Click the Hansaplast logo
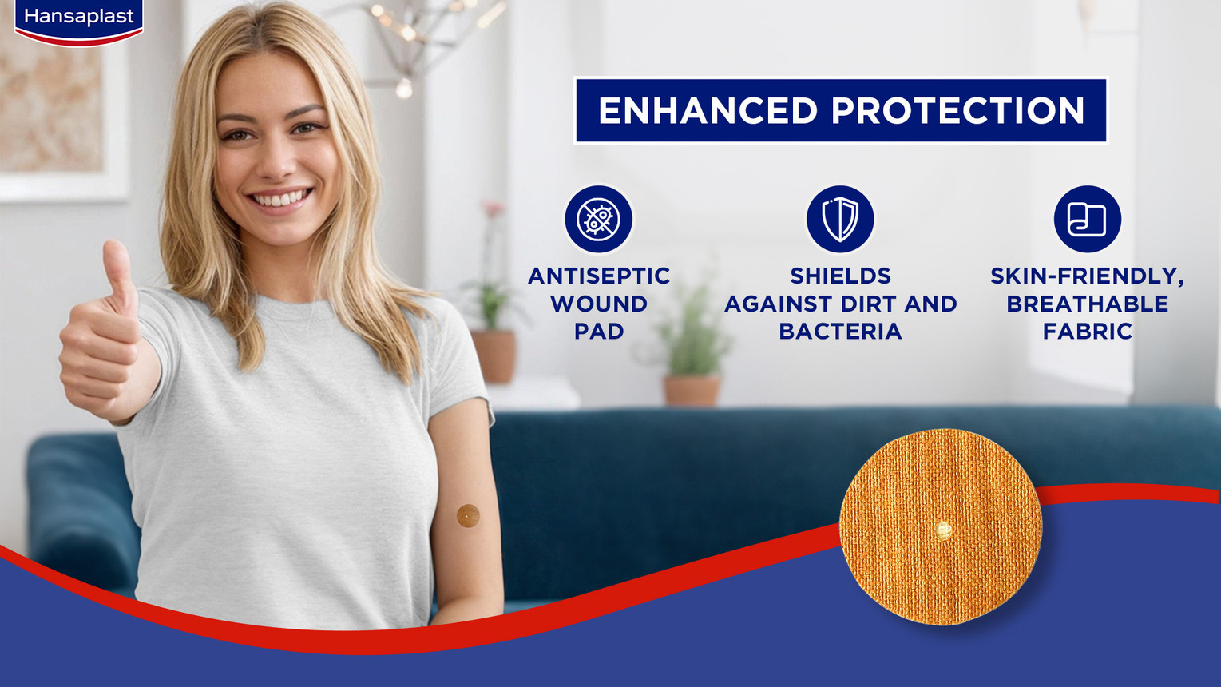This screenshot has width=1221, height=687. click(79, 21)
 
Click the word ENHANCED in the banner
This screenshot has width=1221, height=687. click(708, 111)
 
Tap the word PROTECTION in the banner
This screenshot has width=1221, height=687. click(957, 111)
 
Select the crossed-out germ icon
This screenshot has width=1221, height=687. click(598, 219)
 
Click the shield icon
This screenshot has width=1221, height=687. click(840, 219)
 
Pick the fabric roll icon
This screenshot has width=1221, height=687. click(1088, 219)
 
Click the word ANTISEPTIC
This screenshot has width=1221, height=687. click(599, 276)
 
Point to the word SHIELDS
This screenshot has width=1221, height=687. click(841, 276)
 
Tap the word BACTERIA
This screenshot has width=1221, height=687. click(841, 332)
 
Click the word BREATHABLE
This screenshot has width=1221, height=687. click(1088, 304)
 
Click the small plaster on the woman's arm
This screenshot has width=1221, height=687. click(468, 516)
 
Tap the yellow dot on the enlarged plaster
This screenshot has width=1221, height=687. click(943, 529)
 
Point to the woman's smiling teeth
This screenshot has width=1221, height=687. click(281, 198)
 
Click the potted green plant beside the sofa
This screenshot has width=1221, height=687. click(692, 349)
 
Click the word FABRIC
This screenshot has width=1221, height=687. click(1088, 332)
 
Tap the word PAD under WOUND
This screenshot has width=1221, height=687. click(599, 332)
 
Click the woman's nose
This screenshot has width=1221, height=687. click(277, 158)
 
